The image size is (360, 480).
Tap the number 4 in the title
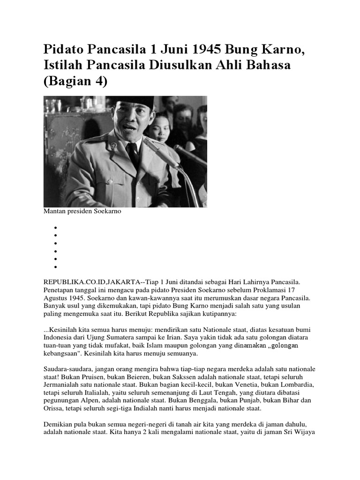[x=97, y=81]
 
